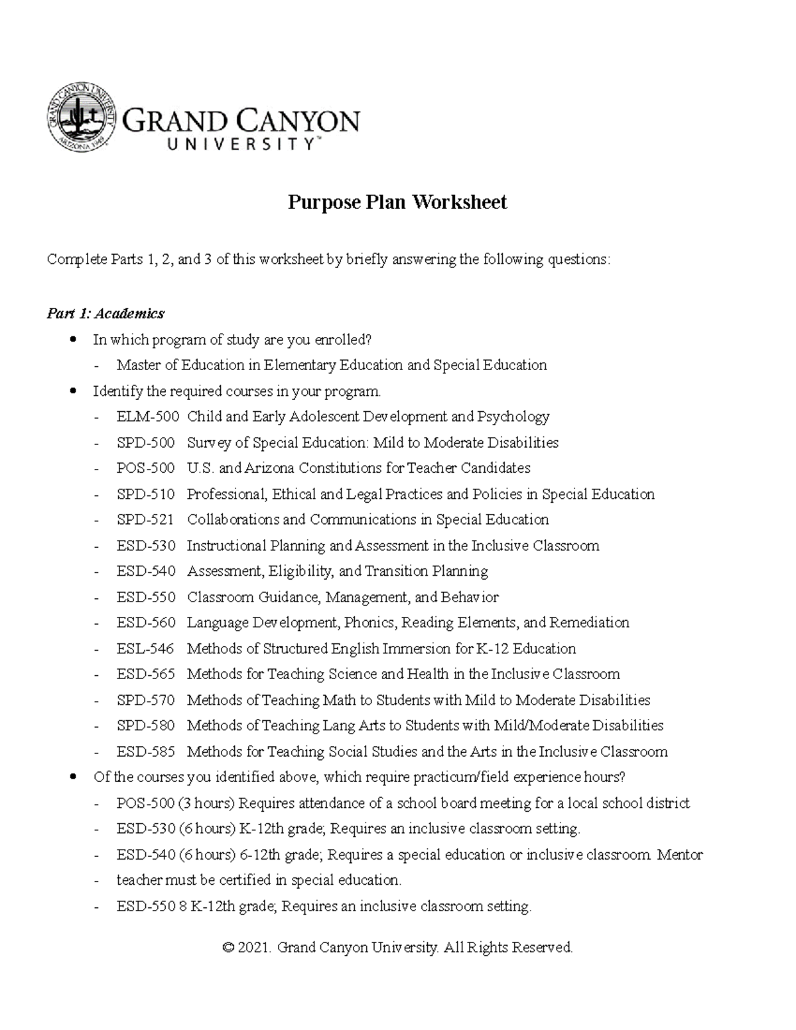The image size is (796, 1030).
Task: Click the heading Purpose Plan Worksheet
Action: tap(397, 202)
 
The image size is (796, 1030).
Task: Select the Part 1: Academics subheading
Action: tap(105, 313)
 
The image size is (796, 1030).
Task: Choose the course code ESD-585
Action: tap(146, 752)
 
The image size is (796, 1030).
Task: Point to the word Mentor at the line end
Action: tap(680, 855)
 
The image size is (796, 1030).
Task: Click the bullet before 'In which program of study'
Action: tap(73, 340)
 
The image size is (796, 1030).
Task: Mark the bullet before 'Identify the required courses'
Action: tap(73, 392)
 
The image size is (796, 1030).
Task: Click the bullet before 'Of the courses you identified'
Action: tap(73, 777)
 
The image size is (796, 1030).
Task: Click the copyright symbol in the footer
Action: tap(228, 948)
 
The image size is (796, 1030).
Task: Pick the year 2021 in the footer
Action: tap(254, 948)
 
